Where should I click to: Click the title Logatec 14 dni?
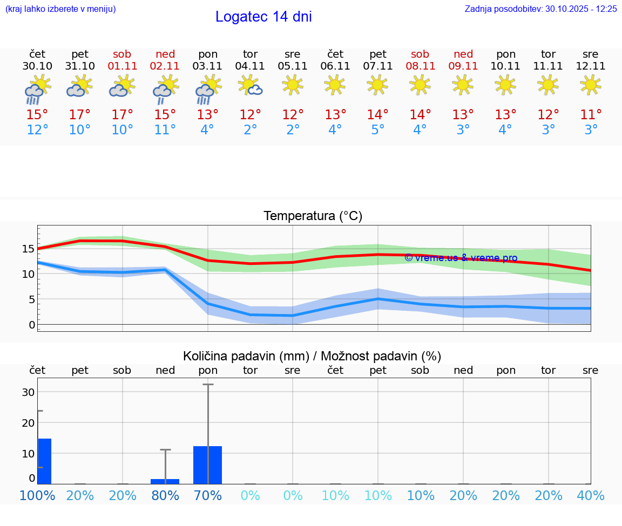coord(263,17)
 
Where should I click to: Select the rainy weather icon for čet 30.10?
coord(37,90)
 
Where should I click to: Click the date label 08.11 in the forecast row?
coord(420,66)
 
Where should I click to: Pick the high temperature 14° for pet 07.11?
coord(377,114)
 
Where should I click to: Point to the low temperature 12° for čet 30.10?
coord(37,130)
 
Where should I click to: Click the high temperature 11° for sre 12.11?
coord(591,114)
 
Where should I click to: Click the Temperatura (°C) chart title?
coord(313,216)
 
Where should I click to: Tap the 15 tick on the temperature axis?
coord(28,249)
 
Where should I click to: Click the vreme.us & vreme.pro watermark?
coord(461,258)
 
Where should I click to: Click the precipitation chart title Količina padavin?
coord(312,356)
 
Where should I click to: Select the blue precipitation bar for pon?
coord(208,464)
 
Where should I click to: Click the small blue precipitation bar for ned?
coord(165,481)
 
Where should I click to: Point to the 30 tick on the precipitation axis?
coord(28,392)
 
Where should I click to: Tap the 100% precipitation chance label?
coord(37,495)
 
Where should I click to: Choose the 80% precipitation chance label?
coord(165,495)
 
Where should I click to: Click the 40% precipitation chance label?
coord(591,495)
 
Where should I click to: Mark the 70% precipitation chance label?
coord(208,495)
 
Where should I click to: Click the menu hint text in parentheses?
coord(60,9)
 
